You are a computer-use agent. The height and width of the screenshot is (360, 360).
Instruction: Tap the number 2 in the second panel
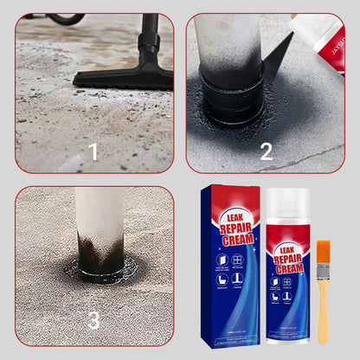pyautogui.click(x=266, y=151)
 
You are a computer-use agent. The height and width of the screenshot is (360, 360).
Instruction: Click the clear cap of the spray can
pyautogui.click(x=291, y=211)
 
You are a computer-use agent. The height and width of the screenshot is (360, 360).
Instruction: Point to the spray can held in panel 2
pyautogui.click(x=317, y=35)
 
